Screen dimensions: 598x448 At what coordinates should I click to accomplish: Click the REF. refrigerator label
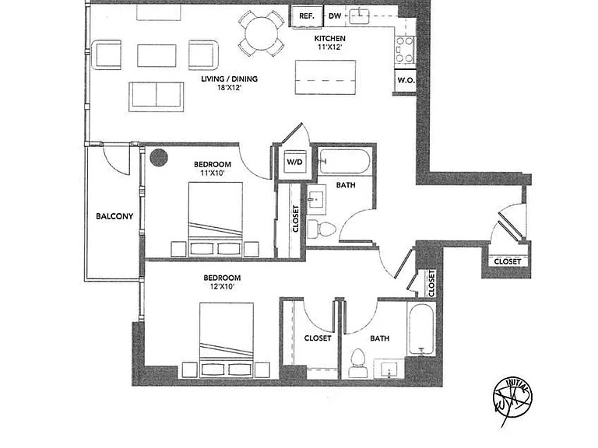click(307, 16)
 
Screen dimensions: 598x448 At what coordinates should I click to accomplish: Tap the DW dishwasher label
click(335, 16)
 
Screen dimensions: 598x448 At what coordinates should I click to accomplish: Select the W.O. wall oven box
click(406, 81)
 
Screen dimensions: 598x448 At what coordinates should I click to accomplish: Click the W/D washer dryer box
click(294, 162)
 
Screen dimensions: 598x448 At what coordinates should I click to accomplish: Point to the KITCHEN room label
click(330, 38)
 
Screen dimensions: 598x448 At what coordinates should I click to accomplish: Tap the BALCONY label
click(114, 216)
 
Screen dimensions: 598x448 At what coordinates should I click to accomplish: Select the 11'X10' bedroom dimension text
click(213, 173)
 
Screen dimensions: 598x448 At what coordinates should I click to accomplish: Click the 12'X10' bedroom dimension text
click(222, 286)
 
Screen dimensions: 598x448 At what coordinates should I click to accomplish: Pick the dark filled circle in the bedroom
click(159, 157)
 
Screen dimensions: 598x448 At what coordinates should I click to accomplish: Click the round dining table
click(262, 34)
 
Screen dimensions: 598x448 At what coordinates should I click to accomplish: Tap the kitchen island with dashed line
click(325, 78)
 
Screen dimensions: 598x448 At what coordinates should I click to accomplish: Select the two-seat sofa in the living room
click(157, 96)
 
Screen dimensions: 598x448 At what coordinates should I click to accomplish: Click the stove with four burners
click(405, 50)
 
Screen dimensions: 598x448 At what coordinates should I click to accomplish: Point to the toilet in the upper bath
click(321, 229)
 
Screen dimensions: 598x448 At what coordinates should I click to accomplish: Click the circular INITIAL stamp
click(512, 399)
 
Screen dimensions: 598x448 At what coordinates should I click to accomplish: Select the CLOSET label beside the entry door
click(507, 261)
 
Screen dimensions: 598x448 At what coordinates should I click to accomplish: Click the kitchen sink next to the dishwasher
click(359, 16)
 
